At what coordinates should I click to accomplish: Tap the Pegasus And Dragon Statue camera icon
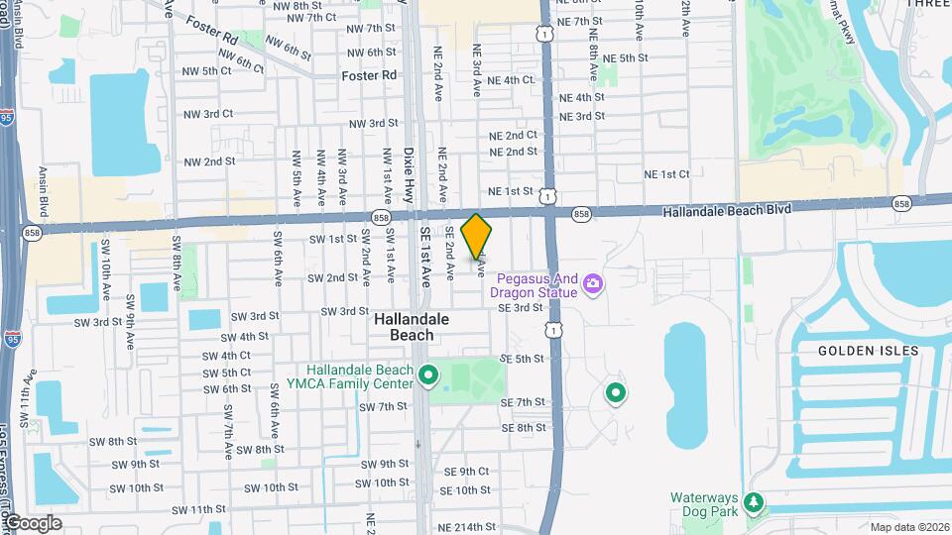pos(593,285)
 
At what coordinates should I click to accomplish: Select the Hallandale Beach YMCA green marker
pos(428,375)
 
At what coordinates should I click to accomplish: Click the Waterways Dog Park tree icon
pos(755,503)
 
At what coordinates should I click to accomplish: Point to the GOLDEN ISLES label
pos(868,351)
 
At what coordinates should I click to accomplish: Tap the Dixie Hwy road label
pos(409,175)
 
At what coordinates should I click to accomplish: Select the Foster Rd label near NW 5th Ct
pos(368,75)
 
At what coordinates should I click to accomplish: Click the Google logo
pos(33,522)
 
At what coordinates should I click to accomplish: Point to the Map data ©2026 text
pos(907,527)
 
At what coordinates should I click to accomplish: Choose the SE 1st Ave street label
pos(426,256)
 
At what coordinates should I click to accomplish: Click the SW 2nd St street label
pos(333,278)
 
